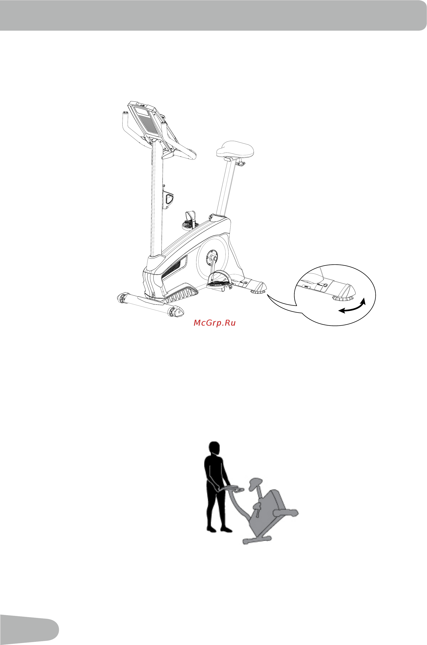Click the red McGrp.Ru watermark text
(215, 323)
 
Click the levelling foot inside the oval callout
(342, 298)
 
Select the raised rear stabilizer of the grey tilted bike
(286, 512)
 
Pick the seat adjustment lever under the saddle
(241, 164)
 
